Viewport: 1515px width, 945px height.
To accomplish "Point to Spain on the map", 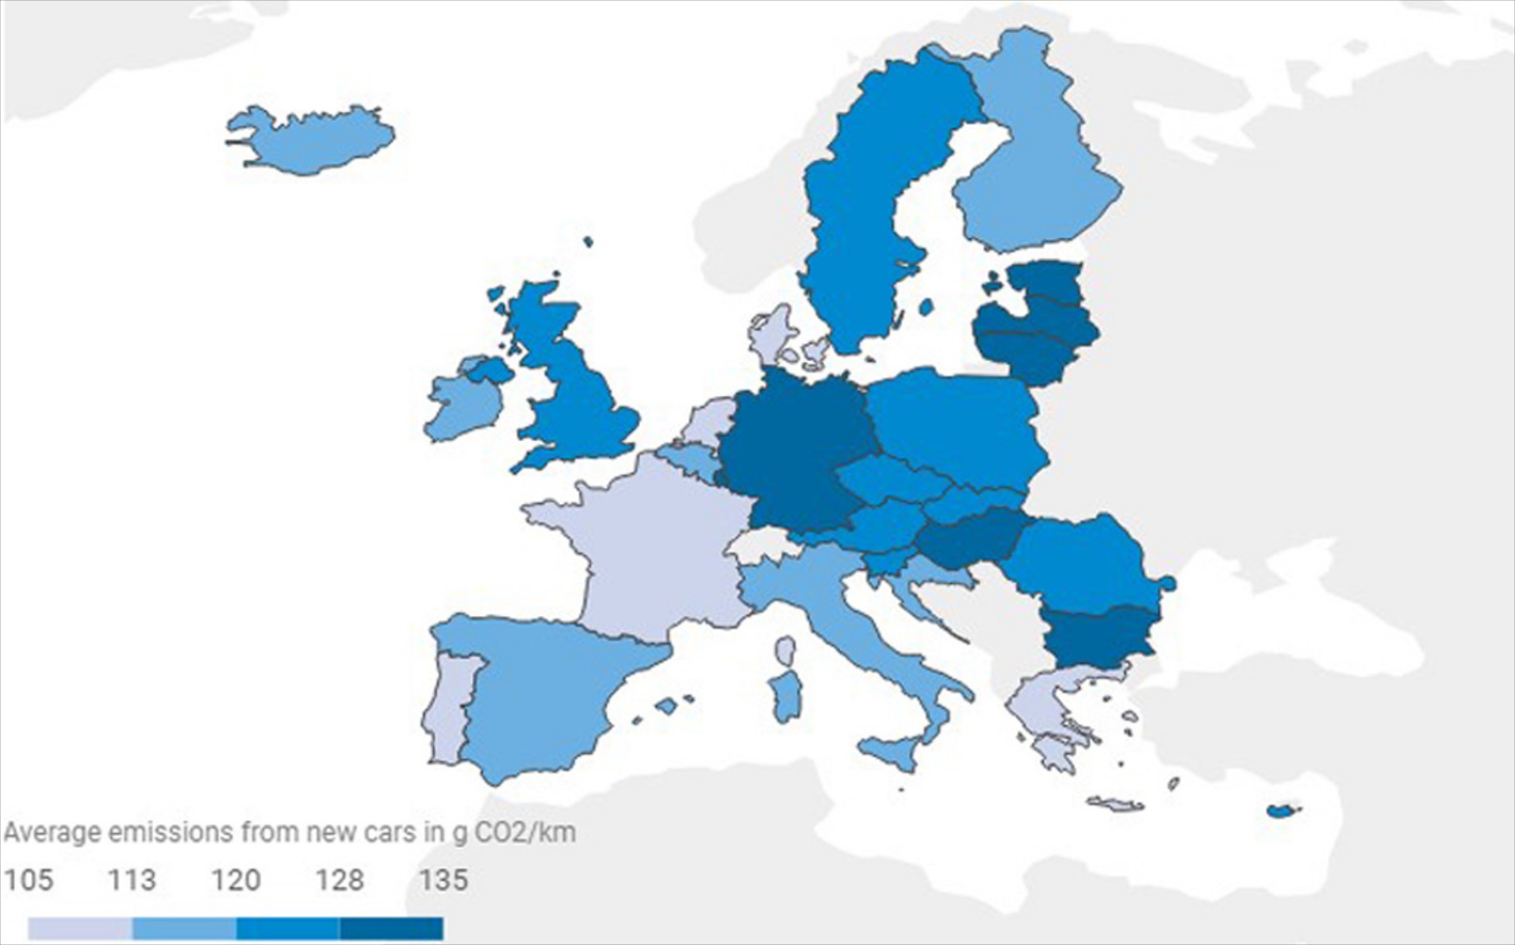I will coord(537,694).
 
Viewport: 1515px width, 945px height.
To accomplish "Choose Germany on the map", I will coord(789,450).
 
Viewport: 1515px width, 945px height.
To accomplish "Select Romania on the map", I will coord(1081,560).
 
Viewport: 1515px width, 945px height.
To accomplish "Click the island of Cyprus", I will coord(1282,810).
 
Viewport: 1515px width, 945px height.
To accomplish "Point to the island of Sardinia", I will coord(786,694).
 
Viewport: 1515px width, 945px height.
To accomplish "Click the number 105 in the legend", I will coord(29,880).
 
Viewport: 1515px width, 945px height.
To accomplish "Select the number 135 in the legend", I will coord(444,880).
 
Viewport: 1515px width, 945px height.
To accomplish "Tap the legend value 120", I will coord(236,880).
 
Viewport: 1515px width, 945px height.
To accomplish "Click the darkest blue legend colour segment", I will coord(391,928).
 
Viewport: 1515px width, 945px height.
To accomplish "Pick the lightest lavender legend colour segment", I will coord(80,928).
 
